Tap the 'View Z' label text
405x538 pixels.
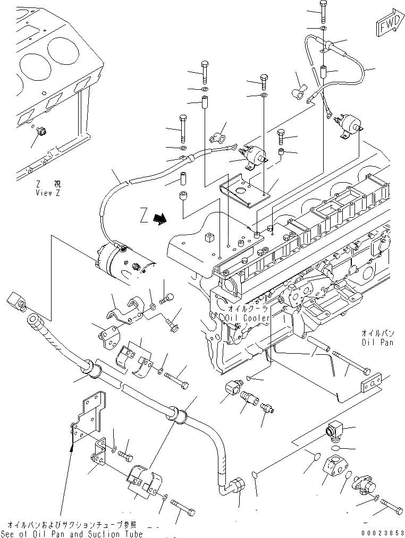(x=48, y=192)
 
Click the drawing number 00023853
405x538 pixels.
(x=379, y=532)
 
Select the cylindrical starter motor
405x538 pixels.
(x=123, y=261)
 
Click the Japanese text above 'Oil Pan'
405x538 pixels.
(x=378, y=334)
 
